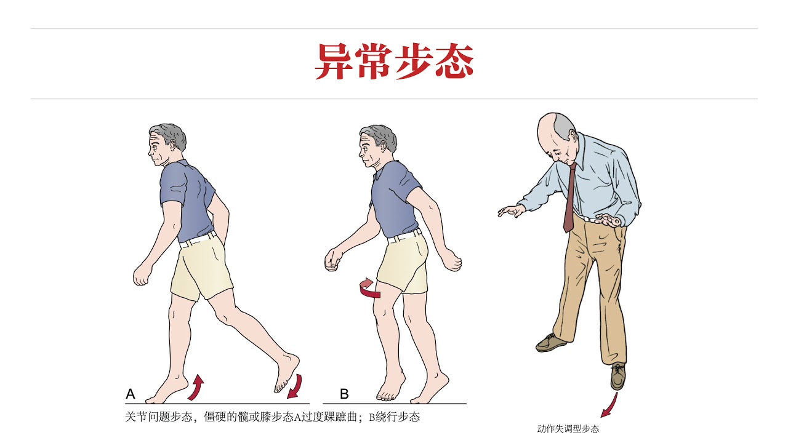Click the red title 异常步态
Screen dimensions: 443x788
coord(394,61)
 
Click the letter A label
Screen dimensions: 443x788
coord(131,394)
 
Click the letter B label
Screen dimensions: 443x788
coord(344,394)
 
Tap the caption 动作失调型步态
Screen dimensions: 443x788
coord(568,429)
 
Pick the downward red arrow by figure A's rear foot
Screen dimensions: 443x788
coord(295,386)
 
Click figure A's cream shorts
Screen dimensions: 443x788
coord(200,271)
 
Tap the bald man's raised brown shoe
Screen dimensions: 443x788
coord(617,376)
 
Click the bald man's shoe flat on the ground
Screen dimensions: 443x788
coord(551,343)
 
